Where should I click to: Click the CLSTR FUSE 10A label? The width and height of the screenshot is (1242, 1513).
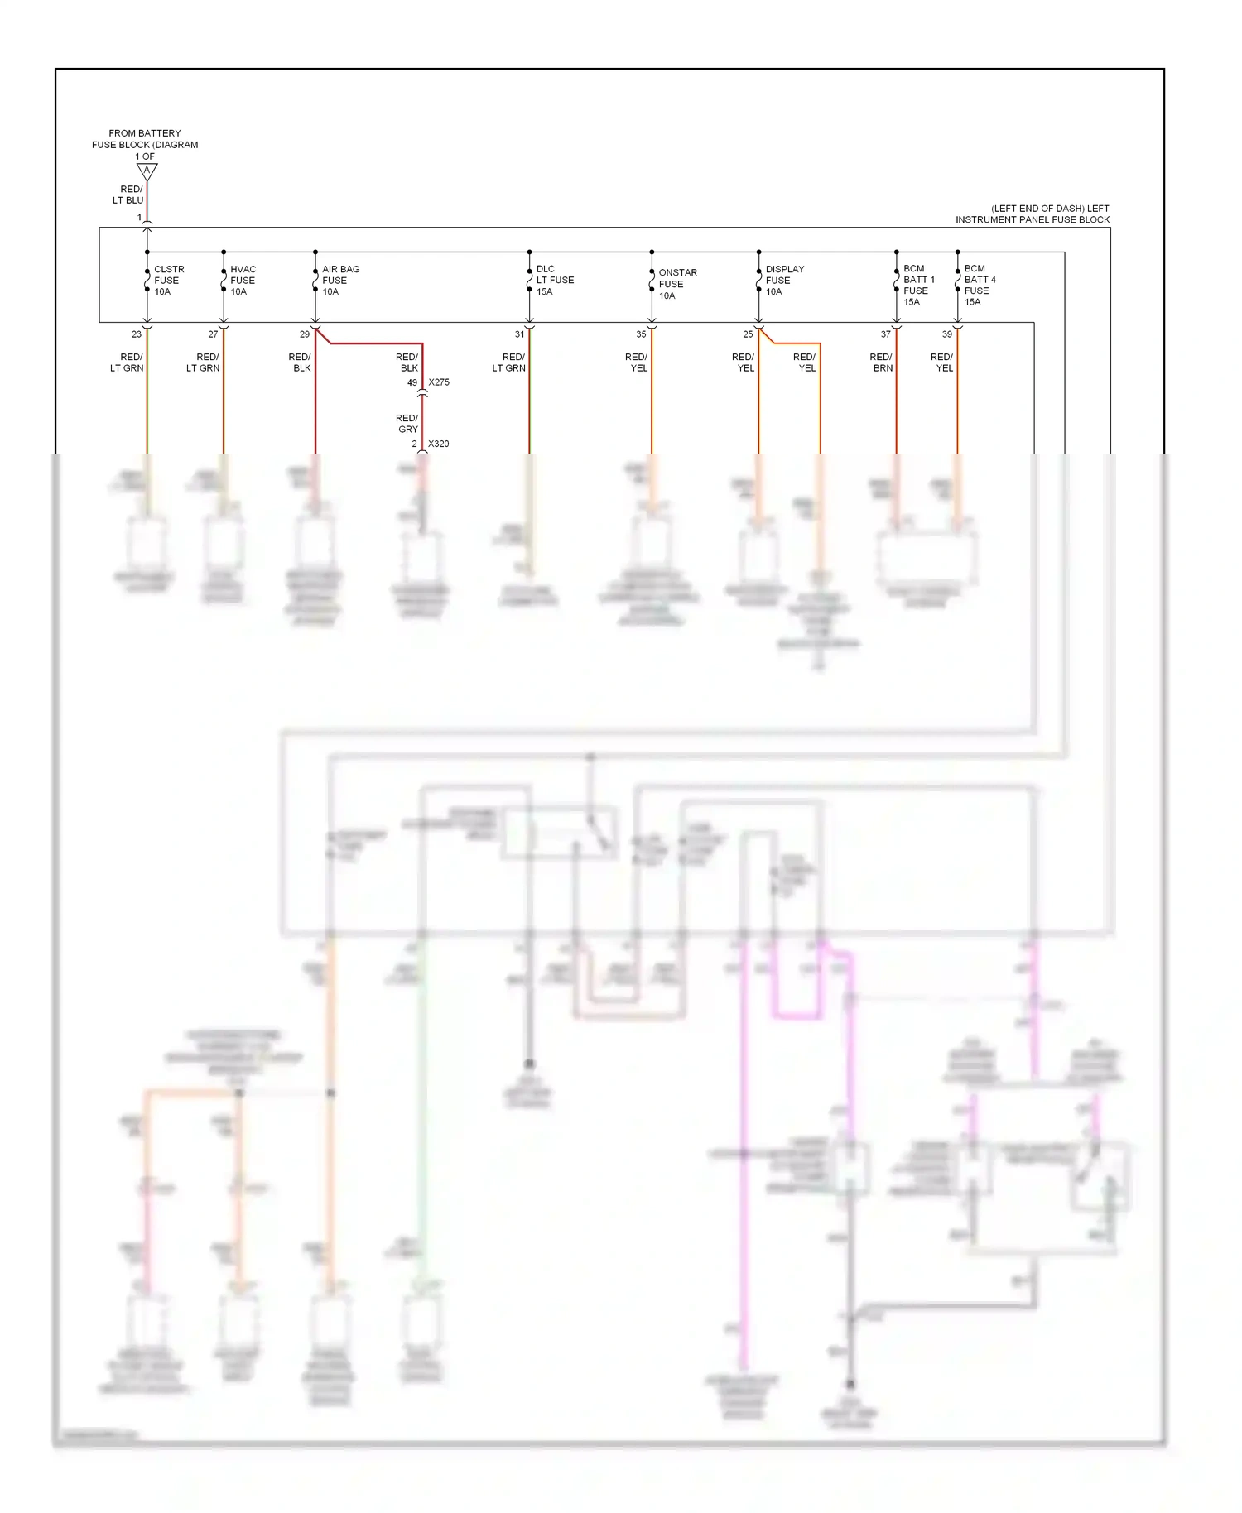pos(168,281)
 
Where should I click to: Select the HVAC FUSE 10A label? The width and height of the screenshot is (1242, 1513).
pos(243,281)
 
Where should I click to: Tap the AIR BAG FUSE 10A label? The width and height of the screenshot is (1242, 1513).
pos(339,281)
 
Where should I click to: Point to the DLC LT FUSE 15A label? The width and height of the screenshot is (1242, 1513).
pos(554,280)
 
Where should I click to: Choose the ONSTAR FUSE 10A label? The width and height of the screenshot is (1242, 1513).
pos(676,284)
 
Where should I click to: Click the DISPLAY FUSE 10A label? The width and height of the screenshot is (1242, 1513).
pos(783,281)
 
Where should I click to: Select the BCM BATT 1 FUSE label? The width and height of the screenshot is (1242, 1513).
pos(917,285)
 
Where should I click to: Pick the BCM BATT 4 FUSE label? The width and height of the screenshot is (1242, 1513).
pos(979,285)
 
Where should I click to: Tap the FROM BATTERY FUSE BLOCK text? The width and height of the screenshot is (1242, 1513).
pos(145,139)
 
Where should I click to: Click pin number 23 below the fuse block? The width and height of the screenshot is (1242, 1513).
pos(137,334)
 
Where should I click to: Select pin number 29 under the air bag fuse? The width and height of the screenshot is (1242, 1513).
pos(304,334)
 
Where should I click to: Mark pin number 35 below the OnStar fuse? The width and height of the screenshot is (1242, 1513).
pos(641,334)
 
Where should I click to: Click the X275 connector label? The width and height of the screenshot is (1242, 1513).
pos(439,382)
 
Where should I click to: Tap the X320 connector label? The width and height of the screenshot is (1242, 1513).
pos(438,444)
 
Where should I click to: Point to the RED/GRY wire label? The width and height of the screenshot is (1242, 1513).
pos(407,424)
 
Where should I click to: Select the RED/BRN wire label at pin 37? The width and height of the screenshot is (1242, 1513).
pos(881,363)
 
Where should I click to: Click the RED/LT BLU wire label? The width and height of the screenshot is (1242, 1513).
pos(128,195)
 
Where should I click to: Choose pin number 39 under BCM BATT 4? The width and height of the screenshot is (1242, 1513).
pos(946,334)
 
